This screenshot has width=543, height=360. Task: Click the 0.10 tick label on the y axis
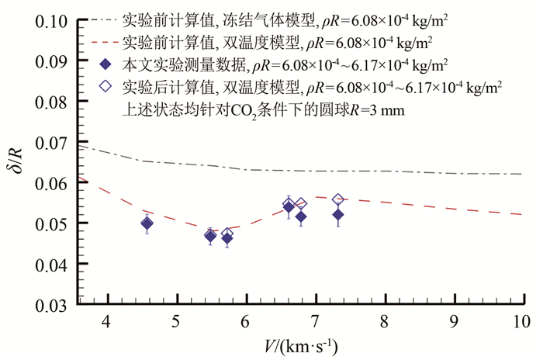(50, 19)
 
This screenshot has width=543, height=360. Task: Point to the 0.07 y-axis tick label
(50, 142)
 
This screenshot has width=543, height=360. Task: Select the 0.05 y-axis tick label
(50, 223)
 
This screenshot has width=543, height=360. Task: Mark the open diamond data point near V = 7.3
(337, 200)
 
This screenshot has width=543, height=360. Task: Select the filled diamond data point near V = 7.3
(337, 215)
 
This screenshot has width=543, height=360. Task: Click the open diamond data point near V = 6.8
(301, 205)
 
